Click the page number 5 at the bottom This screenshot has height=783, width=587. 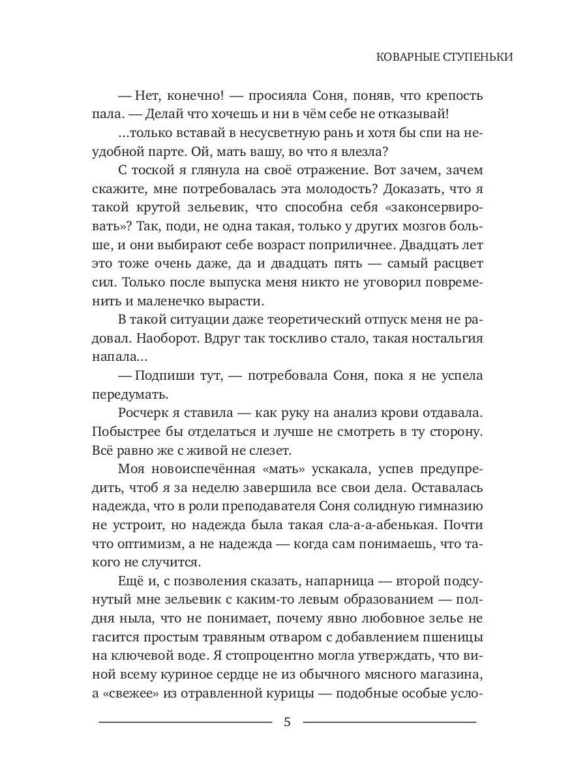point(287,723)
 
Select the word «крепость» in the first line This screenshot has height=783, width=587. point(454,95)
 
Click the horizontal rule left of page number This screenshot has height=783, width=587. point(185,722)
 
